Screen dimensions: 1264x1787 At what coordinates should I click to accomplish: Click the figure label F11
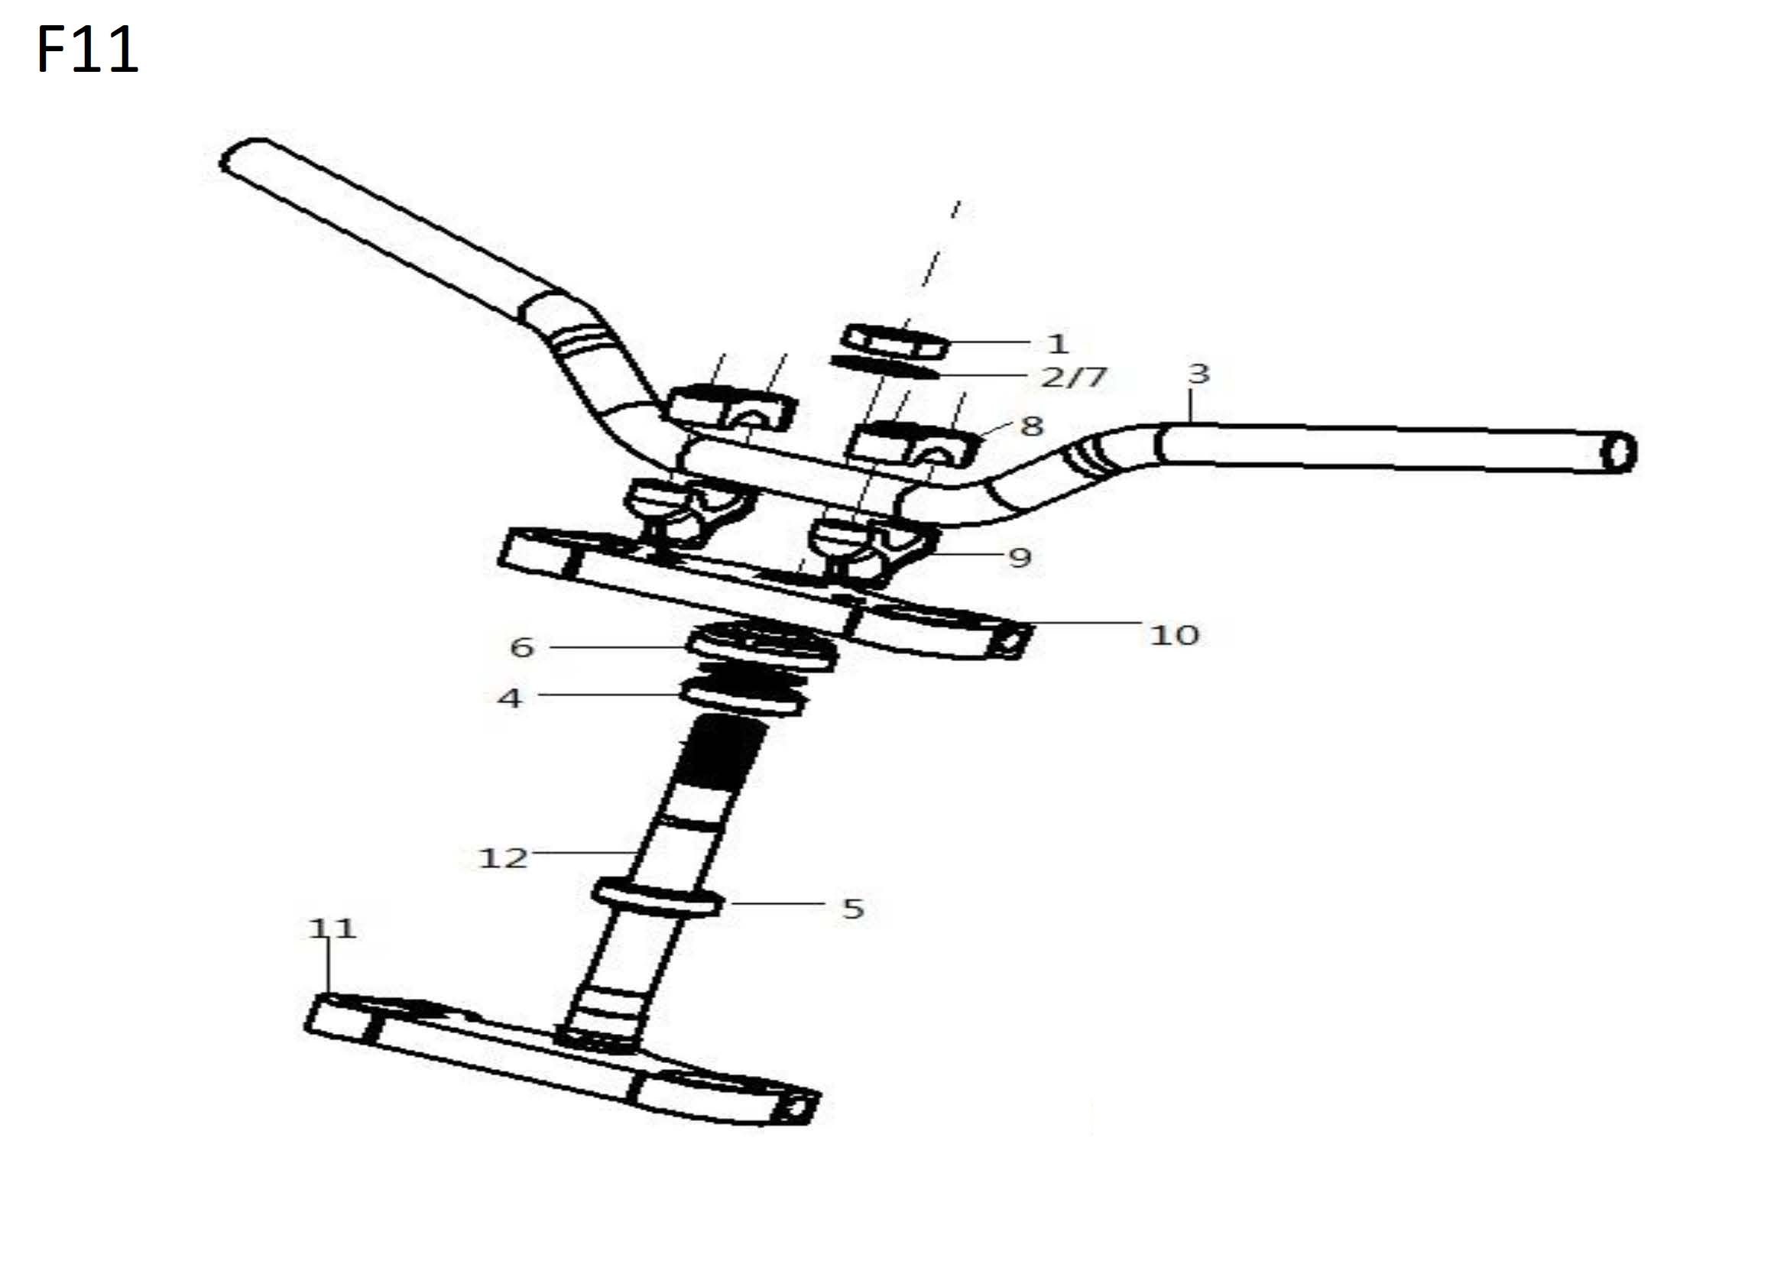[87, 50]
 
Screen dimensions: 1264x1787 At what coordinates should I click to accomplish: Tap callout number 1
[1057, 343]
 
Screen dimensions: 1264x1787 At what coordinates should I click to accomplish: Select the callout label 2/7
[1074, 378]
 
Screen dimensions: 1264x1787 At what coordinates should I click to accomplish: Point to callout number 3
[1198, 374]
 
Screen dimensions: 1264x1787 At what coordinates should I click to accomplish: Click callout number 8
[1031, 426]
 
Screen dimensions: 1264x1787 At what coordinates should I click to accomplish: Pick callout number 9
[1020, 557]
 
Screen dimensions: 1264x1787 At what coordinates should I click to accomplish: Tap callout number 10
[1174, 635]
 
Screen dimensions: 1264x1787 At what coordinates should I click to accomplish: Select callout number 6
[521, 647]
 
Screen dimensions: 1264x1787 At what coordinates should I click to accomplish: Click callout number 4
[510, 698]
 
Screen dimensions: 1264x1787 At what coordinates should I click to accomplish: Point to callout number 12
[503, 857]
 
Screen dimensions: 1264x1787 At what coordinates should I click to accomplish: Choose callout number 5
[853, 909]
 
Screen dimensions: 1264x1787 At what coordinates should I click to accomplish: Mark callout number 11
[332, 928]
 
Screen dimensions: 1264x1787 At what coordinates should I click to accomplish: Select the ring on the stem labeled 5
[657, 899]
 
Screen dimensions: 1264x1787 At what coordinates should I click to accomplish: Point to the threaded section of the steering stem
[720, 751]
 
